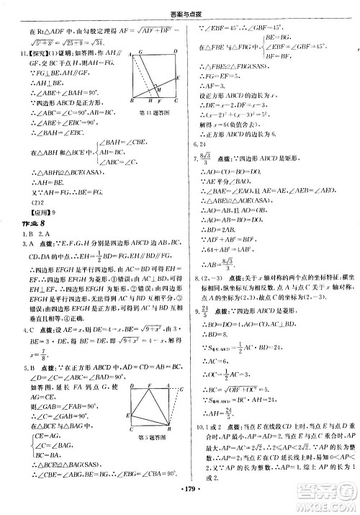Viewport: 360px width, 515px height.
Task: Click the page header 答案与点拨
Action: tap(180, 9)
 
